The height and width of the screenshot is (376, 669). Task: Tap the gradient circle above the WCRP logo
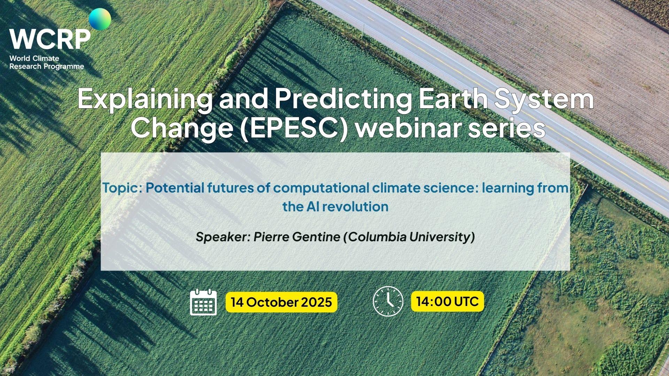point(100,19)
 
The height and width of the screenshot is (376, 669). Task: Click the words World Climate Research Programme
point(47,62)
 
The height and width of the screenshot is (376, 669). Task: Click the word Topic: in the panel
point(122,188)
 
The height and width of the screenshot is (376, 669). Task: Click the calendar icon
point(203,302)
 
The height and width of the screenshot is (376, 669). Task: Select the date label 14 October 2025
point(281,302)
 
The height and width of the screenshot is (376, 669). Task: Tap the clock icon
point(388,301)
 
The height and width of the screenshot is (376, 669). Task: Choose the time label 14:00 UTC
point(447,301)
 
